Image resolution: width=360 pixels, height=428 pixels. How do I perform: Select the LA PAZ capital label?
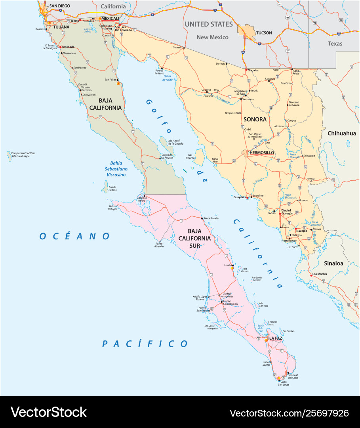point(276,338)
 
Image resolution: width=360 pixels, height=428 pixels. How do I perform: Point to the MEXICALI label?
point(110,18)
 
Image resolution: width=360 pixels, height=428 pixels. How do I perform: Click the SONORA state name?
point(255,119)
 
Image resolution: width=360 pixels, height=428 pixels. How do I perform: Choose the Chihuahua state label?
point(341,133)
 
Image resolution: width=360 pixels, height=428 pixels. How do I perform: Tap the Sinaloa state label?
point(333,263)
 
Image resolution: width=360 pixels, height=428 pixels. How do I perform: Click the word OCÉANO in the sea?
point(74,236)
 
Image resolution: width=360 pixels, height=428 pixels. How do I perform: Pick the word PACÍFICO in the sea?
point(145,344)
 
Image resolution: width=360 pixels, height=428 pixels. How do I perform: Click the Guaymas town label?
point(239,197)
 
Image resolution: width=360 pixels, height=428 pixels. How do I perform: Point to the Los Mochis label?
point(320,274)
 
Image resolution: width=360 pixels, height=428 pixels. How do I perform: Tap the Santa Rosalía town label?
point(211,218)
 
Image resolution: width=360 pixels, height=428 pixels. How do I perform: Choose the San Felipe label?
point(110,80)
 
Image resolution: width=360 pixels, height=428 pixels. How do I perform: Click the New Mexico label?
point(213,37)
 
